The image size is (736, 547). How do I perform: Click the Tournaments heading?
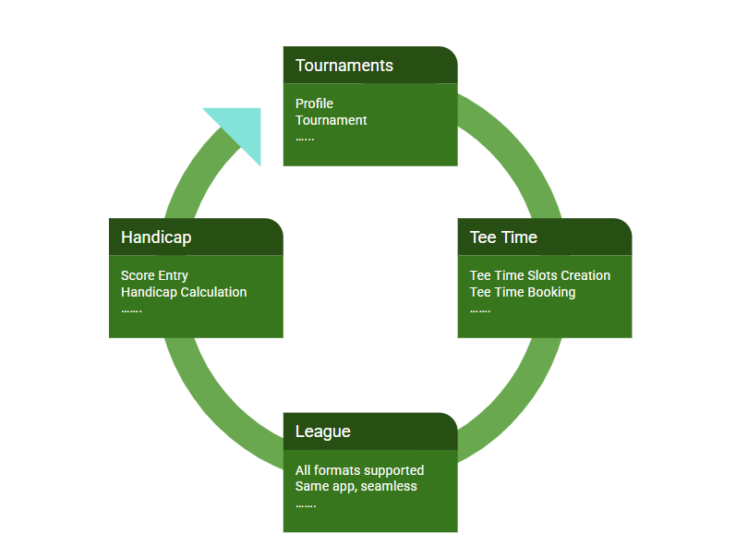pos(344,66)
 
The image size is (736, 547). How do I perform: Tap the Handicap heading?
pos(156,237)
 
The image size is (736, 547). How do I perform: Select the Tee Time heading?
pos(503,237)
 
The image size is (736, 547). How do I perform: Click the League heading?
pos(322,432)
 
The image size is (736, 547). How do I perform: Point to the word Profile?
pos(314,103)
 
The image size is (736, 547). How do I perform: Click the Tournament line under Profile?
pos(331,120)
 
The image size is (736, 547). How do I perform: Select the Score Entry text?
pos(154,275)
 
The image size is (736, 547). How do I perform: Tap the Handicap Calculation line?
pos(184,292)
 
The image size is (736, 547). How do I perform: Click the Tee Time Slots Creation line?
pos(540,275)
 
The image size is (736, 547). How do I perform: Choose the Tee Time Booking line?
pos(523,292)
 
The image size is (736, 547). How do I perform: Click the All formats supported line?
pos(359,470)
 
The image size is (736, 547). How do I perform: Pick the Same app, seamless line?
pos(356,486)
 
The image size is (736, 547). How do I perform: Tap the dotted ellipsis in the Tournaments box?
pos(305,139)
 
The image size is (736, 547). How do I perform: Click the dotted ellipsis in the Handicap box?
pos(131,310)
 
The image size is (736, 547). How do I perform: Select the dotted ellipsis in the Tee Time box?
pos(479,310)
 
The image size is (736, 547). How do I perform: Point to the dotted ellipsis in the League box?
pos(306,506)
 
